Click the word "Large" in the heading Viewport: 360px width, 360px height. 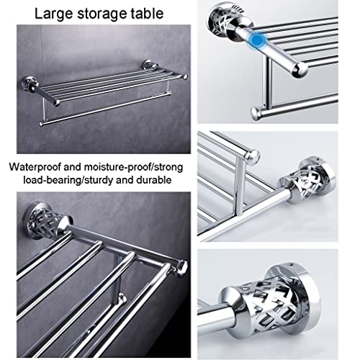(x=53, y=14)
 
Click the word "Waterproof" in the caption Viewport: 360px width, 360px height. (x=35, y=167)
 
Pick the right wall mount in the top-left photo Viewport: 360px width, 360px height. (x=148, y=66)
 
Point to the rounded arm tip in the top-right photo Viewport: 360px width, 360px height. (x=300, y=70)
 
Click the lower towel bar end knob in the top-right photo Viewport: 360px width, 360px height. (x=257, y=114)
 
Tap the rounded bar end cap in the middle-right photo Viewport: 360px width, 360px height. (x=252, y=156)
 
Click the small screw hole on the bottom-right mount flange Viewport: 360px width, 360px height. (x=291, y=265)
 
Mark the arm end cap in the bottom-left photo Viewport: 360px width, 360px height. (x=183, y=268)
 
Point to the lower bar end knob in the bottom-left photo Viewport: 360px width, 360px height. (x=122, y=298)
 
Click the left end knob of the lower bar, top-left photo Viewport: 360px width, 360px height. (x=42, y=124)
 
